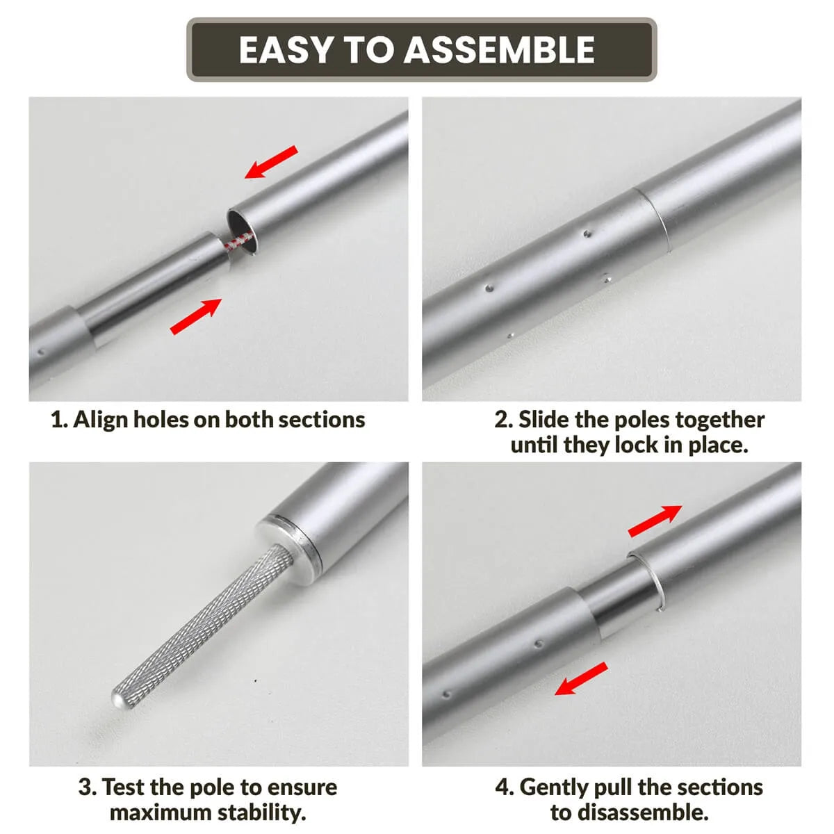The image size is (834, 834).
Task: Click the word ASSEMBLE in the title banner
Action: click(x=499, y=50)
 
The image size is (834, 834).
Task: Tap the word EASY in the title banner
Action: click(x=286, y=50)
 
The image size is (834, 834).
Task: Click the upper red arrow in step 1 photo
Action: click(x=271, y=162)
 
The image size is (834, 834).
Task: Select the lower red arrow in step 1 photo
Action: click(x=196, y=316)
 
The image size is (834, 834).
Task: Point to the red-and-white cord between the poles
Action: click(x=239, y=240)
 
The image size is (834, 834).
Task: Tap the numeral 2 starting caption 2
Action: click(x=502, y=420)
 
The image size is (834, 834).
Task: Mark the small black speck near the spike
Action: click(x=255, y=681)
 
